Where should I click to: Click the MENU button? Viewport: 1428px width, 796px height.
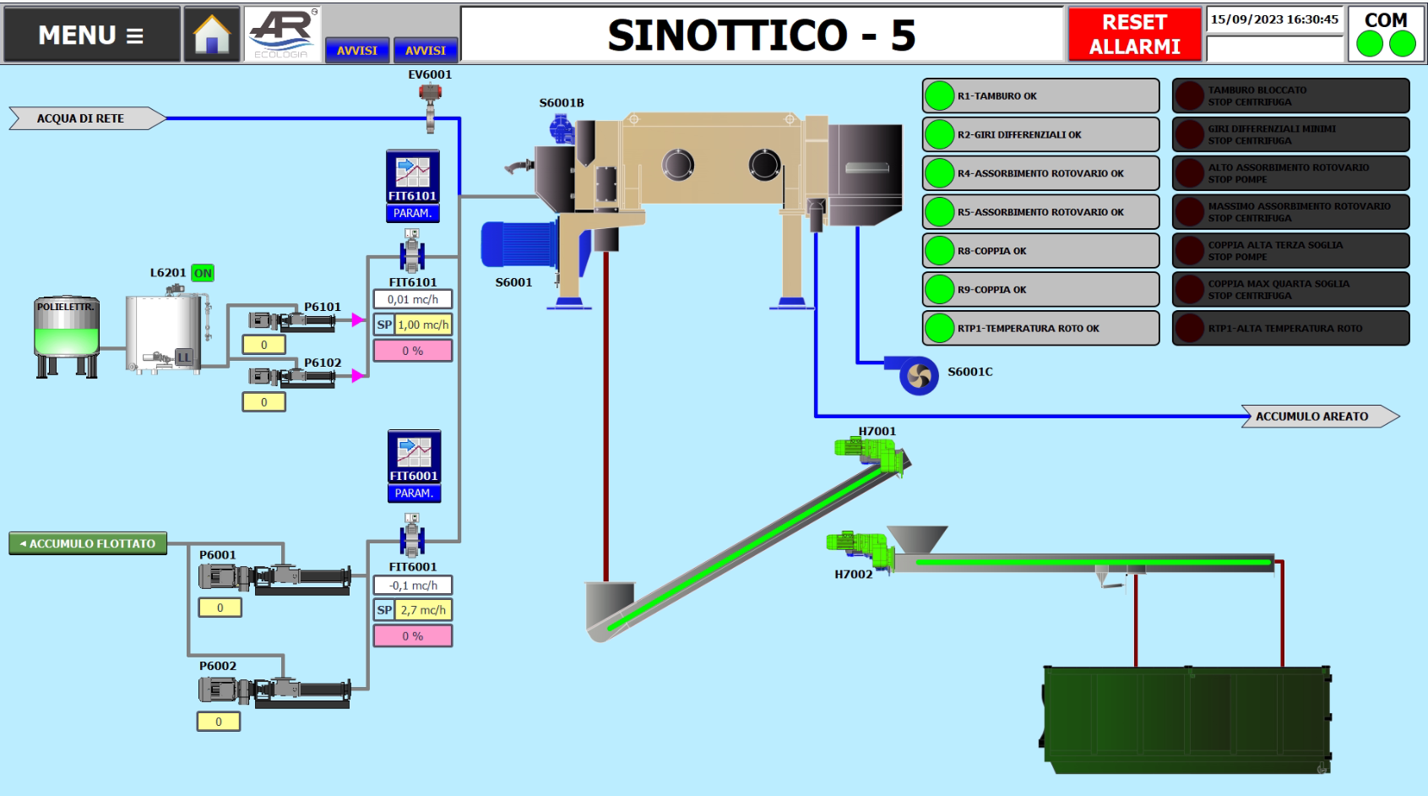click(91, 35)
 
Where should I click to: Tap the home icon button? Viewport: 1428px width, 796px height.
click(212, 35)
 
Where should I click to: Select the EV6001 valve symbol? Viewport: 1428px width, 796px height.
click(431, 105)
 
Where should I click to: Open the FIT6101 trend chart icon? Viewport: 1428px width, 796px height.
click(413, 172)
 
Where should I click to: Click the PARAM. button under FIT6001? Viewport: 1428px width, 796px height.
click(414, 493)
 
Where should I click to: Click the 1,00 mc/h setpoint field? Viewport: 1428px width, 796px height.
click(423, 324)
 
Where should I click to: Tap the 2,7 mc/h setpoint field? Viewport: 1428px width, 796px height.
click(423, 610)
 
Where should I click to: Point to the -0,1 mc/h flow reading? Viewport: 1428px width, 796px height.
click(413, 585)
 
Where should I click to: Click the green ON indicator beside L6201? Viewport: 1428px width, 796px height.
click(203, 273)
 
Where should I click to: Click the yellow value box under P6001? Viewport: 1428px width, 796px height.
click(220, 608)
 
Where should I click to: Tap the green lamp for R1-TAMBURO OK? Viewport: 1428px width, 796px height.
click(939, 95)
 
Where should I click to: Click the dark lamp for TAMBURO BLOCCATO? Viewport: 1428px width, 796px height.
click(1190, 95)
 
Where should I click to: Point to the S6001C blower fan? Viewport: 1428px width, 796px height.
click(918, 375)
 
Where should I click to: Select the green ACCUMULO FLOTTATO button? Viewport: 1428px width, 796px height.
click(88, 543)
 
